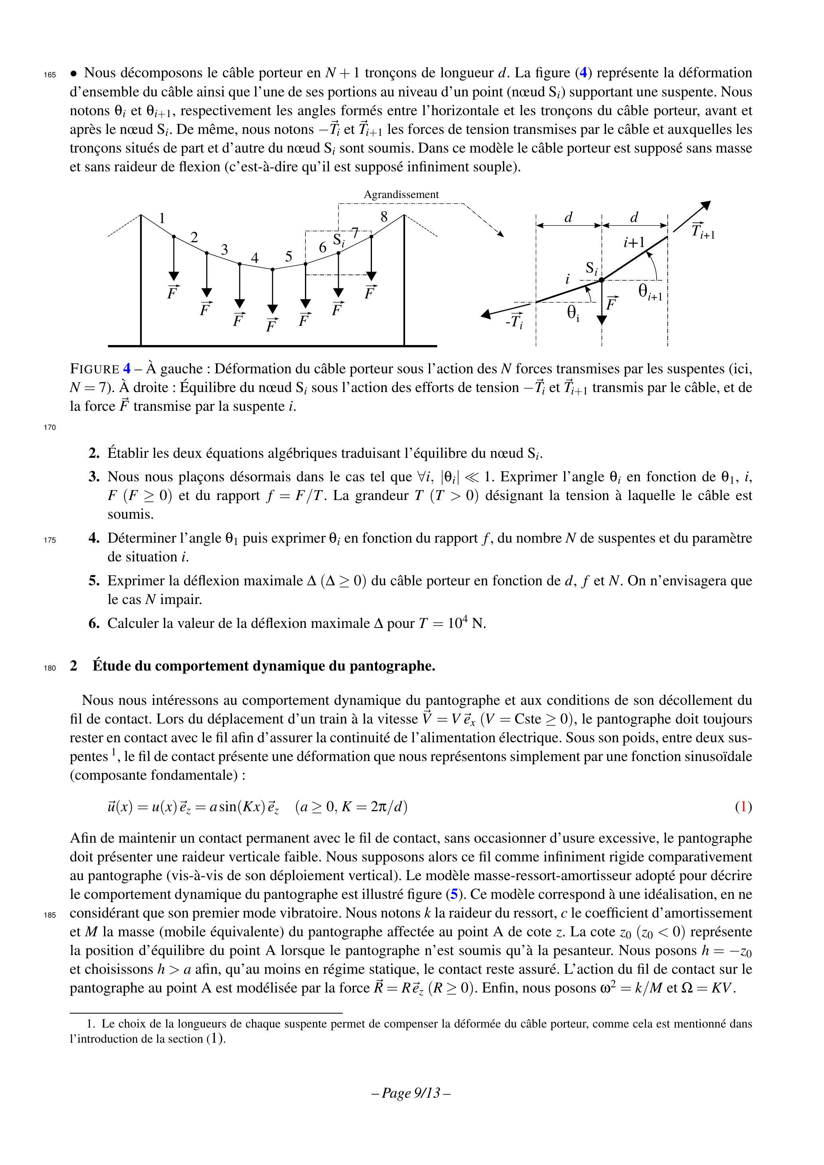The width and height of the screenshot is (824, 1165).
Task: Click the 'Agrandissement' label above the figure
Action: coord(401,195)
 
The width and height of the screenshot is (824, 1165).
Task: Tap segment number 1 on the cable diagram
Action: coord(162,219)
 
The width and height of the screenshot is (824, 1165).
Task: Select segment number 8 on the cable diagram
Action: coord(384,217)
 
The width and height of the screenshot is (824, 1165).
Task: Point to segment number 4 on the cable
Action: coord(255,258)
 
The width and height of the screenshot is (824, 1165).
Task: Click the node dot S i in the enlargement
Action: coord(602,280)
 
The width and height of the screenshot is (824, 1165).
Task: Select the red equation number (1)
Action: coord(744,807)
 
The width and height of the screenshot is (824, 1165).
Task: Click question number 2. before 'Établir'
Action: coord(94,453)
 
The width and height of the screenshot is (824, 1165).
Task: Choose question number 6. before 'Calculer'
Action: coord(94,624)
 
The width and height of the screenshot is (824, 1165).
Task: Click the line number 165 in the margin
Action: coord(50,75)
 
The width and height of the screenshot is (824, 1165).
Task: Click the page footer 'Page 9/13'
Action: coord(411,1093)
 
